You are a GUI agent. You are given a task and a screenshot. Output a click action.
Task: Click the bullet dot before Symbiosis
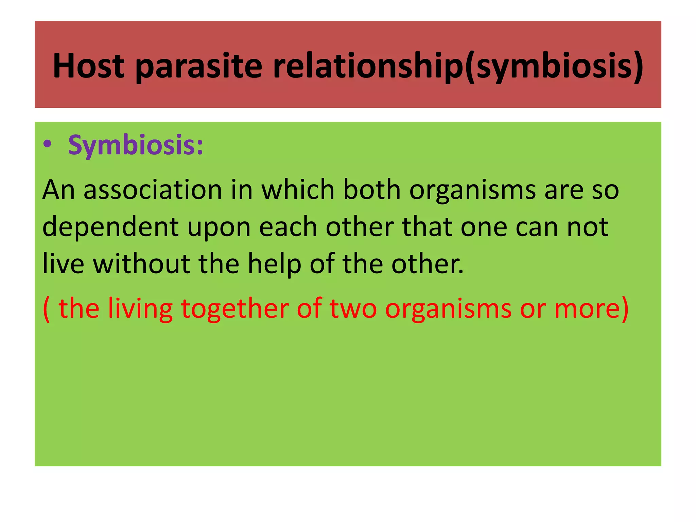[47, 145]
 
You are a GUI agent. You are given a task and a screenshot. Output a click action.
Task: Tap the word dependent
[111, 227]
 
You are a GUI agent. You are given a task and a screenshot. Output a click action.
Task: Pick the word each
[288, 227]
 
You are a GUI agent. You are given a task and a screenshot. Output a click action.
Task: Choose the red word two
[353, 309]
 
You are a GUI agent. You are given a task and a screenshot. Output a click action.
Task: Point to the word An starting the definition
[58, 190]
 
